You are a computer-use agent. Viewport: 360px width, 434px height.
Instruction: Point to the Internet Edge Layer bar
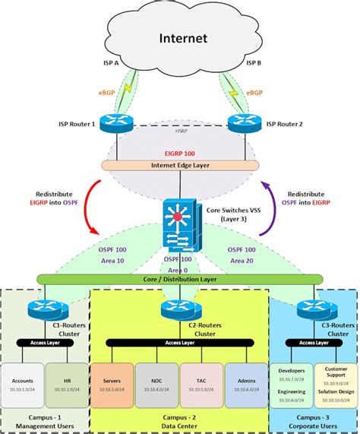coord(179,165)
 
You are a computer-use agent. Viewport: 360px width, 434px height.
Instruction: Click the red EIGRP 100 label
coord(179,153)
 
